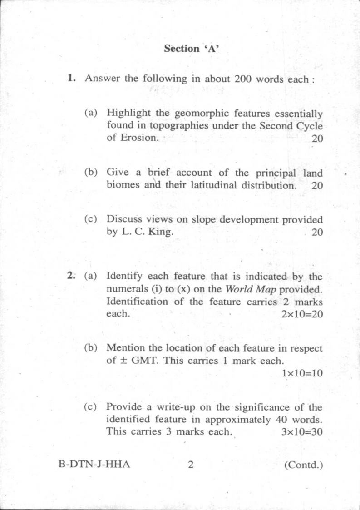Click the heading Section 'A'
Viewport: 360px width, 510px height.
[192, 49]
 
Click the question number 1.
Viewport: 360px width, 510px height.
[71, 79]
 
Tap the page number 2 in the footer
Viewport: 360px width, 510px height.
[191, 465]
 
